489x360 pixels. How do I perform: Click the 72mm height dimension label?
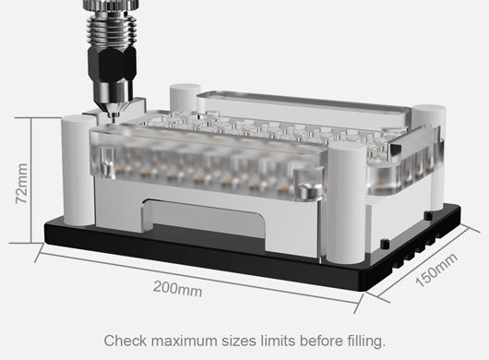[x=22, y=184]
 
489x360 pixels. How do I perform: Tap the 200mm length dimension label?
[x=178, y=289]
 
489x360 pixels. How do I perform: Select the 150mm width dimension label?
[x=436, y=270]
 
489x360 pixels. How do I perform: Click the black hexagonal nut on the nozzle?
[x=112, y=64]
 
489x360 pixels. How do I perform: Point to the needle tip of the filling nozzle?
[x=112, y=119]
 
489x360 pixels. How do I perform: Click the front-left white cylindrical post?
[x=78, y=170]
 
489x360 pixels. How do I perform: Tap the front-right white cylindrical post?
[x=346, y=202]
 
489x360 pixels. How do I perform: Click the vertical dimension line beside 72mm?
[x=31, y=180]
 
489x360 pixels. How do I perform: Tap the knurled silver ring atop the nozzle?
[x=112, y=6]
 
